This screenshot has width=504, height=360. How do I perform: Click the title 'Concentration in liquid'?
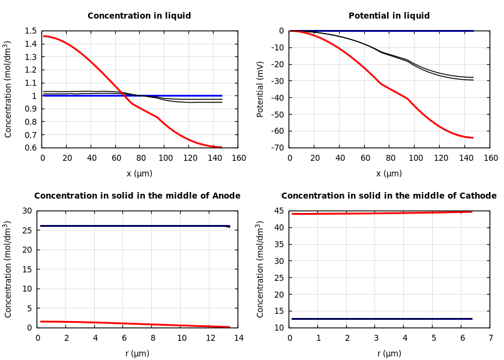point(139,16)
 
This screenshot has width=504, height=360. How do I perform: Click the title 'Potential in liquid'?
point(389,16)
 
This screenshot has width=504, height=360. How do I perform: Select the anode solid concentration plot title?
point(137,196)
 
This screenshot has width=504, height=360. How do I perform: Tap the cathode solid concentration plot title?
point(389,196)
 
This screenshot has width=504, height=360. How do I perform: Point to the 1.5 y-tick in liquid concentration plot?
point(29,31)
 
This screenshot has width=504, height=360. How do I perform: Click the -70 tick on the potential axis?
point(277,148)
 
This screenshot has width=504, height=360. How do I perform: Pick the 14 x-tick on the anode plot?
point(238,338)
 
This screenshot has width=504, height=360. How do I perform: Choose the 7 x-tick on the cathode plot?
point(490,338)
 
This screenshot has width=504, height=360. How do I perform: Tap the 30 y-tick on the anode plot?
point(27,211)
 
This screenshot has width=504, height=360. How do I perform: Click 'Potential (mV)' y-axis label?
point(260,89)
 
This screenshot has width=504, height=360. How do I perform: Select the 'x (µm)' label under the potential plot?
point(389,174)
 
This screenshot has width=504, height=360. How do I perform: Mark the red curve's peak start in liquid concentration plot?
point(44,36)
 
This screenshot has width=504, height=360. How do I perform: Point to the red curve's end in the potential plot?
point(472,137)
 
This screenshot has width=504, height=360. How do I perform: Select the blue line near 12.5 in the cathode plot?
point(384,319)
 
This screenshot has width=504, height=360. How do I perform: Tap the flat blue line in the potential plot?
point(384,31)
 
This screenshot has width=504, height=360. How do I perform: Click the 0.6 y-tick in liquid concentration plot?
point(29,148)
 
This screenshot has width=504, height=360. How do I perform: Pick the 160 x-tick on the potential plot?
point(490,158)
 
